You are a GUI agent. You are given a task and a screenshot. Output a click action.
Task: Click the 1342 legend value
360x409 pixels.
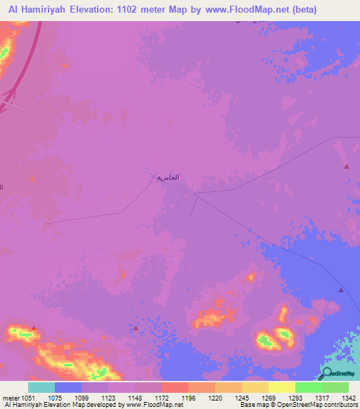coord(340,397)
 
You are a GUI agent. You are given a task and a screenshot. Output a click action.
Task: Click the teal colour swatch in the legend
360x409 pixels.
coord(41,387)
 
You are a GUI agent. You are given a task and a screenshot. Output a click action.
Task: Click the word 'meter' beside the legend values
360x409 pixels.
coord(10,397)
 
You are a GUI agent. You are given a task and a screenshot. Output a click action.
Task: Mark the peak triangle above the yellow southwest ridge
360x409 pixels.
coord(33,327)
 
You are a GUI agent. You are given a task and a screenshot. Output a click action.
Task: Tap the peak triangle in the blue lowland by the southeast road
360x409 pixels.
coord(341,290)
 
